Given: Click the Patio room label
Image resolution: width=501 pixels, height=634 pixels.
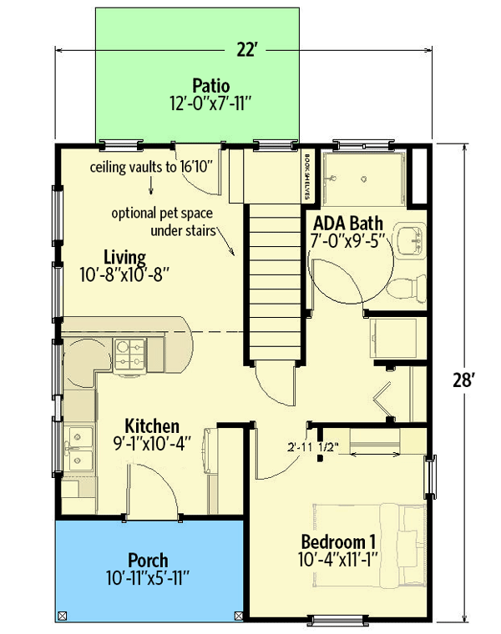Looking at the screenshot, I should coord(210,85).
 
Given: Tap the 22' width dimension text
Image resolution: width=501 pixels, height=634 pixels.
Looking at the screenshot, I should coord(245,50).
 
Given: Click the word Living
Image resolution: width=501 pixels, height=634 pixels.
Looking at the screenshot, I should coord(125,255).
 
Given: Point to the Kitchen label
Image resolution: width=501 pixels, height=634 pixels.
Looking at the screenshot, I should coord(152,426).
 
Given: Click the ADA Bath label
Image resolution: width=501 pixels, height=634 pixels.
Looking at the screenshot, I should coord(347,224).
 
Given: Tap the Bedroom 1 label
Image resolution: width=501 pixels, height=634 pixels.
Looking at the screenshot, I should coord(336,541).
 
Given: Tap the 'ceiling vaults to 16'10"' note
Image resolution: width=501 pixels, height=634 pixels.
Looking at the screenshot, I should coord(154,167).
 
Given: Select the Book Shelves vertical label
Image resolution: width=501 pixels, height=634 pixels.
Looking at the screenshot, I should coord(307,176).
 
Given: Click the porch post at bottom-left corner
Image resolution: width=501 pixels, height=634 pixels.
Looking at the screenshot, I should coord(62,616).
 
